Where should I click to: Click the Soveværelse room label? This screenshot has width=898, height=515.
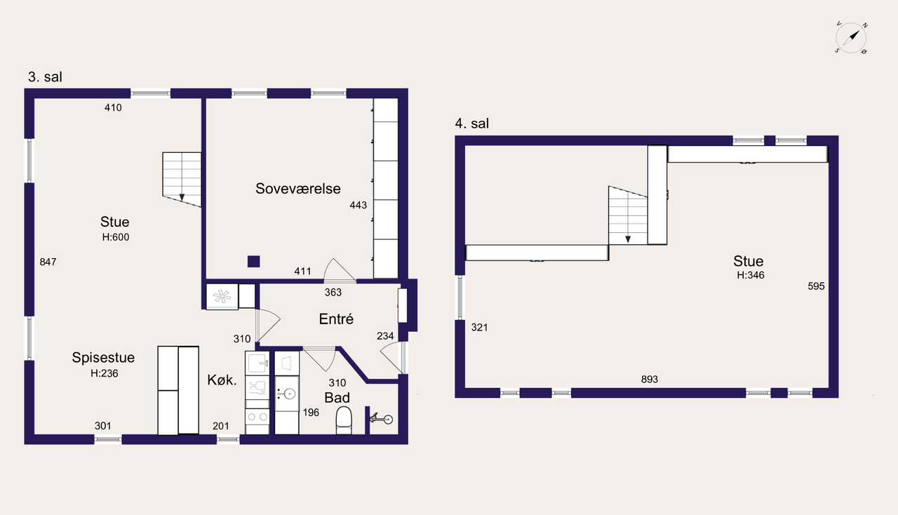point(298,189)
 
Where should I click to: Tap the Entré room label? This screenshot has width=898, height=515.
point(336,319)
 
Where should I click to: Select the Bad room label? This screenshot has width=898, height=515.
point(337,398)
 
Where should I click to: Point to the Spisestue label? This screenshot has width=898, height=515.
point(103,358)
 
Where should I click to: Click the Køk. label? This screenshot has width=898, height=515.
point(222,380)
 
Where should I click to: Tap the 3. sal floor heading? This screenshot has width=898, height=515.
point(45,76)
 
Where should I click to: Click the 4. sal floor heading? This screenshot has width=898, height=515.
point(472,123)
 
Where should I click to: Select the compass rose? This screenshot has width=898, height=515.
point(851,38)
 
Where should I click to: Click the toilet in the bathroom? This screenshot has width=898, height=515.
point(344,420)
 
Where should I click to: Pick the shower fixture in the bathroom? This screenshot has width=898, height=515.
point(381,419)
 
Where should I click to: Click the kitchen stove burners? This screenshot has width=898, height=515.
point(257,417)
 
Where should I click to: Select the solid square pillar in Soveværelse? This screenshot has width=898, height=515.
point(253,262)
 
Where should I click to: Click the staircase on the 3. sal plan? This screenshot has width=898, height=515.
point(182,180)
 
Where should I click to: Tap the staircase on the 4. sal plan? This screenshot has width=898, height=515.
point(628,215)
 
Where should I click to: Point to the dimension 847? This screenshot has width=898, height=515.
point(48,262)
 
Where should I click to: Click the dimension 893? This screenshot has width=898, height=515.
point(650,379)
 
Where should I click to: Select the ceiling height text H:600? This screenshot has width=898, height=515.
point(116,237)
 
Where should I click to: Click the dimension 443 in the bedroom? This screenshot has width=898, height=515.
point(358,206)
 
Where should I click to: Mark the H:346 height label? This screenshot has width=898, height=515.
point(751,275)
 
